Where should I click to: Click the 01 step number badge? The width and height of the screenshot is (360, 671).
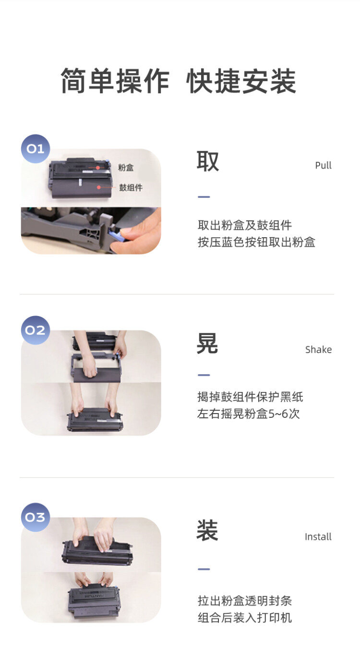[36, 148]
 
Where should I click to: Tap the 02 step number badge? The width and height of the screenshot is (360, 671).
[36, 330]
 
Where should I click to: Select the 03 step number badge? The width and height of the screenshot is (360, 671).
[36, 517]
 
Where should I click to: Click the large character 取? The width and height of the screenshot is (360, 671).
[208, 161]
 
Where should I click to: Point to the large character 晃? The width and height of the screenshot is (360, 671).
[207, 344]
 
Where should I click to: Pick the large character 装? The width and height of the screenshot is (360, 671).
[207, 531]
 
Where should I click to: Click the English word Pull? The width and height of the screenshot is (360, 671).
[323, 166]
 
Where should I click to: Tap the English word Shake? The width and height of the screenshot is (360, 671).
[318, 350]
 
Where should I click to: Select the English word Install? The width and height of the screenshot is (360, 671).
[318, 537]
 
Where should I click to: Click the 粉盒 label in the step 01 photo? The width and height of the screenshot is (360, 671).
[126, 168]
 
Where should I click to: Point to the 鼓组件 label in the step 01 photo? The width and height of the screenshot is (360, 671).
[131, 187]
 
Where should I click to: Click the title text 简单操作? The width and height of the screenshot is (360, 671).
[115, 81]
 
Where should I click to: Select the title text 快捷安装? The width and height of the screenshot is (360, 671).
[241, 81]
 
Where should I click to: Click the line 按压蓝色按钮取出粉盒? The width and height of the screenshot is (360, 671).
[256, 242]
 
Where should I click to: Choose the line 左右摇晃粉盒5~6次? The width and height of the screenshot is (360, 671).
[248, 414]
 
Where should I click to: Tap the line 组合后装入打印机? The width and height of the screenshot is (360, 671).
[245, 618]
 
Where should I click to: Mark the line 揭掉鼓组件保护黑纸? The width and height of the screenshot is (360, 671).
[250, 397]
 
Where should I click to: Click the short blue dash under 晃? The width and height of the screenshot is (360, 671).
[204, 375]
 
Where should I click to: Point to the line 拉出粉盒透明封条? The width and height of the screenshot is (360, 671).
[245, 601]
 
